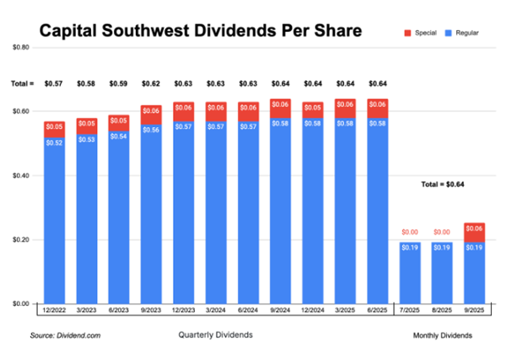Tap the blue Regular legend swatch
(x=449, y=32)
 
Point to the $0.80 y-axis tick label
(x=19, y=48)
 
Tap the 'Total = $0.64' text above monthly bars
(x=442, y=184)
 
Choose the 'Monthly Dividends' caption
(x=442, y=336)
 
